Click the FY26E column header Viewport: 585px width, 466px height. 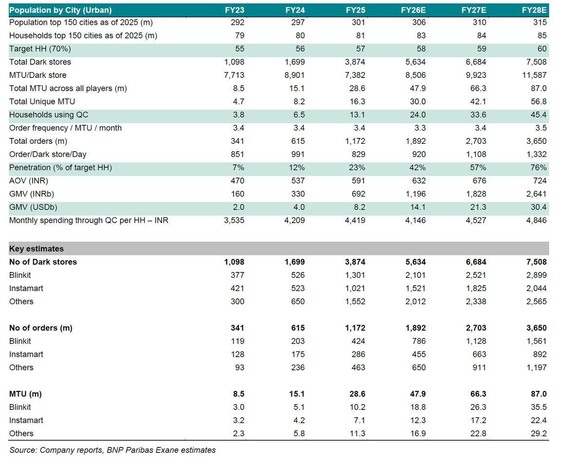tap(413, 10)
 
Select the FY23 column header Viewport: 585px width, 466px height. tap(234, 10)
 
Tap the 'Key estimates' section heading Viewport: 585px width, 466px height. tap(37, 249)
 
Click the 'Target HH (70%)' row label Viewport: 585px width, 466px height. tap(40, 49)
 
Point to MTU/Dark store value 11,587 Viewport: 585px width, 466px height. tap(534, 75)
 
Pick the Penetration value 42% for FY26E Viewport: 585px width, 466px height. tap(418, 168)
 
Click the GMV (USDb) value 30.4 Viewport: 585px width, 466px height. tap(539, 207)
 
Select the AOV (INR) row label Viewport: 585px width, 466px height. tap(29, 181)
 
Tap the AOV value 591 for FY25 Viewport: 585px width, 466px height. tap(358, 181)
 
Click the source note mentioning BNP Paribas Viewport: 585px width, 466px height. tap(112, 450)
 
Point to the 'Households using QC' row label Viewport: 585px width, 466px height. tap(49, 115)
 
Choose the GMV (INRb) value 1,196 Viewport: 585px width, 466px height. tap(415, 194)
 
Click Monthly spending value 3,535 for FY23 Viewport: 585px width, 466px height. tap(234, 220)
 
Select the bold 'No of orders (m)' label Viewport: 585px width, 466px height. tap(41, 328)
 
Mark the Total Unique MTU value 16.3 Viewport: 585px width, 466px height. tap(357, 101)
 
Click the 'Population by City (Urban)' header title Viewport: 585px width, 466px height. tap(60, 10)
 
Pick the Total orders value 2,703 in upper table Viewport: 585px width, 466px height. tap(476, 141)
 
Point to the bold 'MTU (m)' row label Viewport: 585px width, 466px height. tap(25, 394)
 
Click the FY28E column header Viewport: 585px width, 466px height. tap(534, 10)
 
